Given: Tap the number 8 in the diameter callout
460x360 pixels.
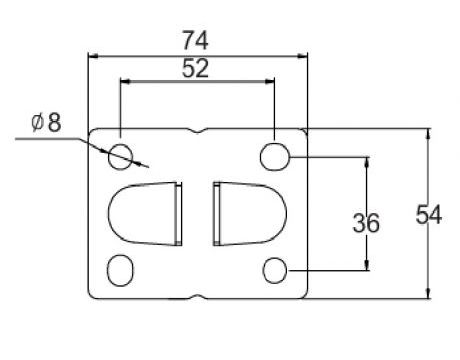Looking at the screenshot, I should [53, 123].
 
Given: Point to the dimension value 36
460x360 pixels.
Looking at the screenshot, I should [366, 223].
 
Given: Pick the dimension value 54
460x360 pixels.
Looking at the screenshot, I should [428, 214].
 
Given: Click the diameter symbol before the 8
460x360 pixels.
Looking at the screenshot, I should [36, 123].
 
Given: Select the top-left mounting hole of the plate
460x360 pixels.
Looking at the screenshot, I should [121, 155].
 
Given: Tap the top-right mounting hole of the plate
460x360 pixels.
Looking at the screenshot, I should [274, 155].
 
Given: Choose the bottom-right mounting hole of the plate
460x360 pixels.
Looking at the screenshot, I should [274, 270].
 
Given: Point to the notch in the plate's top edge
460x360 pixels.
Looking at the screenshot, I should [197, 131].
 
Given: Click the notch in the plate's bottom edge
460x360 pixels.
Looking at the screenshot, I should [197, 296].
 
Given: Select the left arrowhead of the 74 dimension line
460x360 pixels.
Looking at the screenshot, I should [93, 52].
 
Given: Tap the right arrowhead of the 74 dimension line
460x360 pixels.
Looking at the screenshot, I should [301, 52].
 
